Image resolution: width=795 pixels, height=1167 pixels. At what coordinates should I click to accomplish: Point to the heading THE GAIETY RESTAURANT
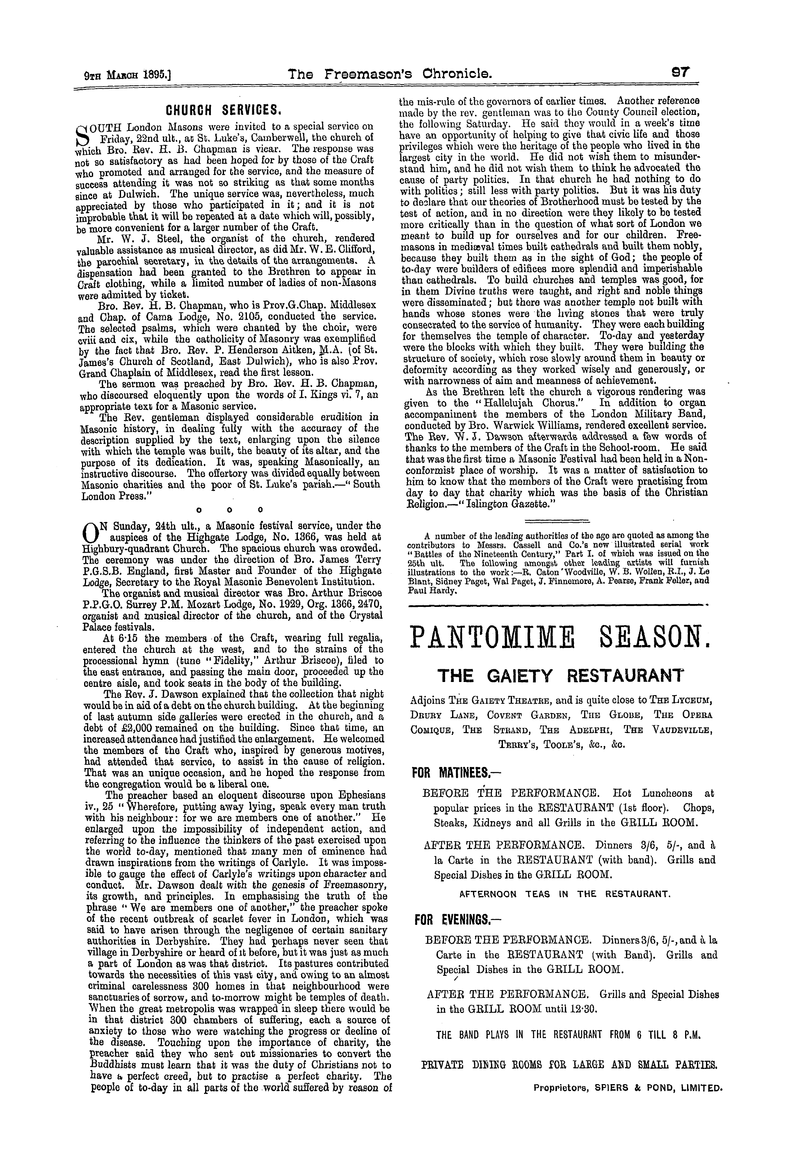coord(561,676)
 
